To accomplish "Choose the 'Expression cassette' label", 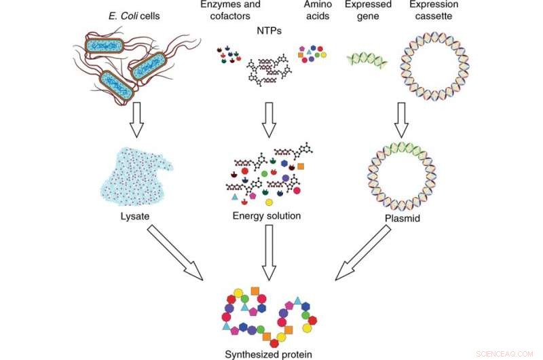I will click(434, 10).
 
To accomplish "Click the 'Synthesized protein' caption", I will click(269, 353).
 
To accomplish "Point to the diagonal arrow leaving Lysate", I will click(174, 251).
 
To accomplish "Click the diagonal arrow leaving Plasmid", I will click(364, 251).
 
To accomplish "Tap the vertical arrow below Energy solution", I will click(269, 251).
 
